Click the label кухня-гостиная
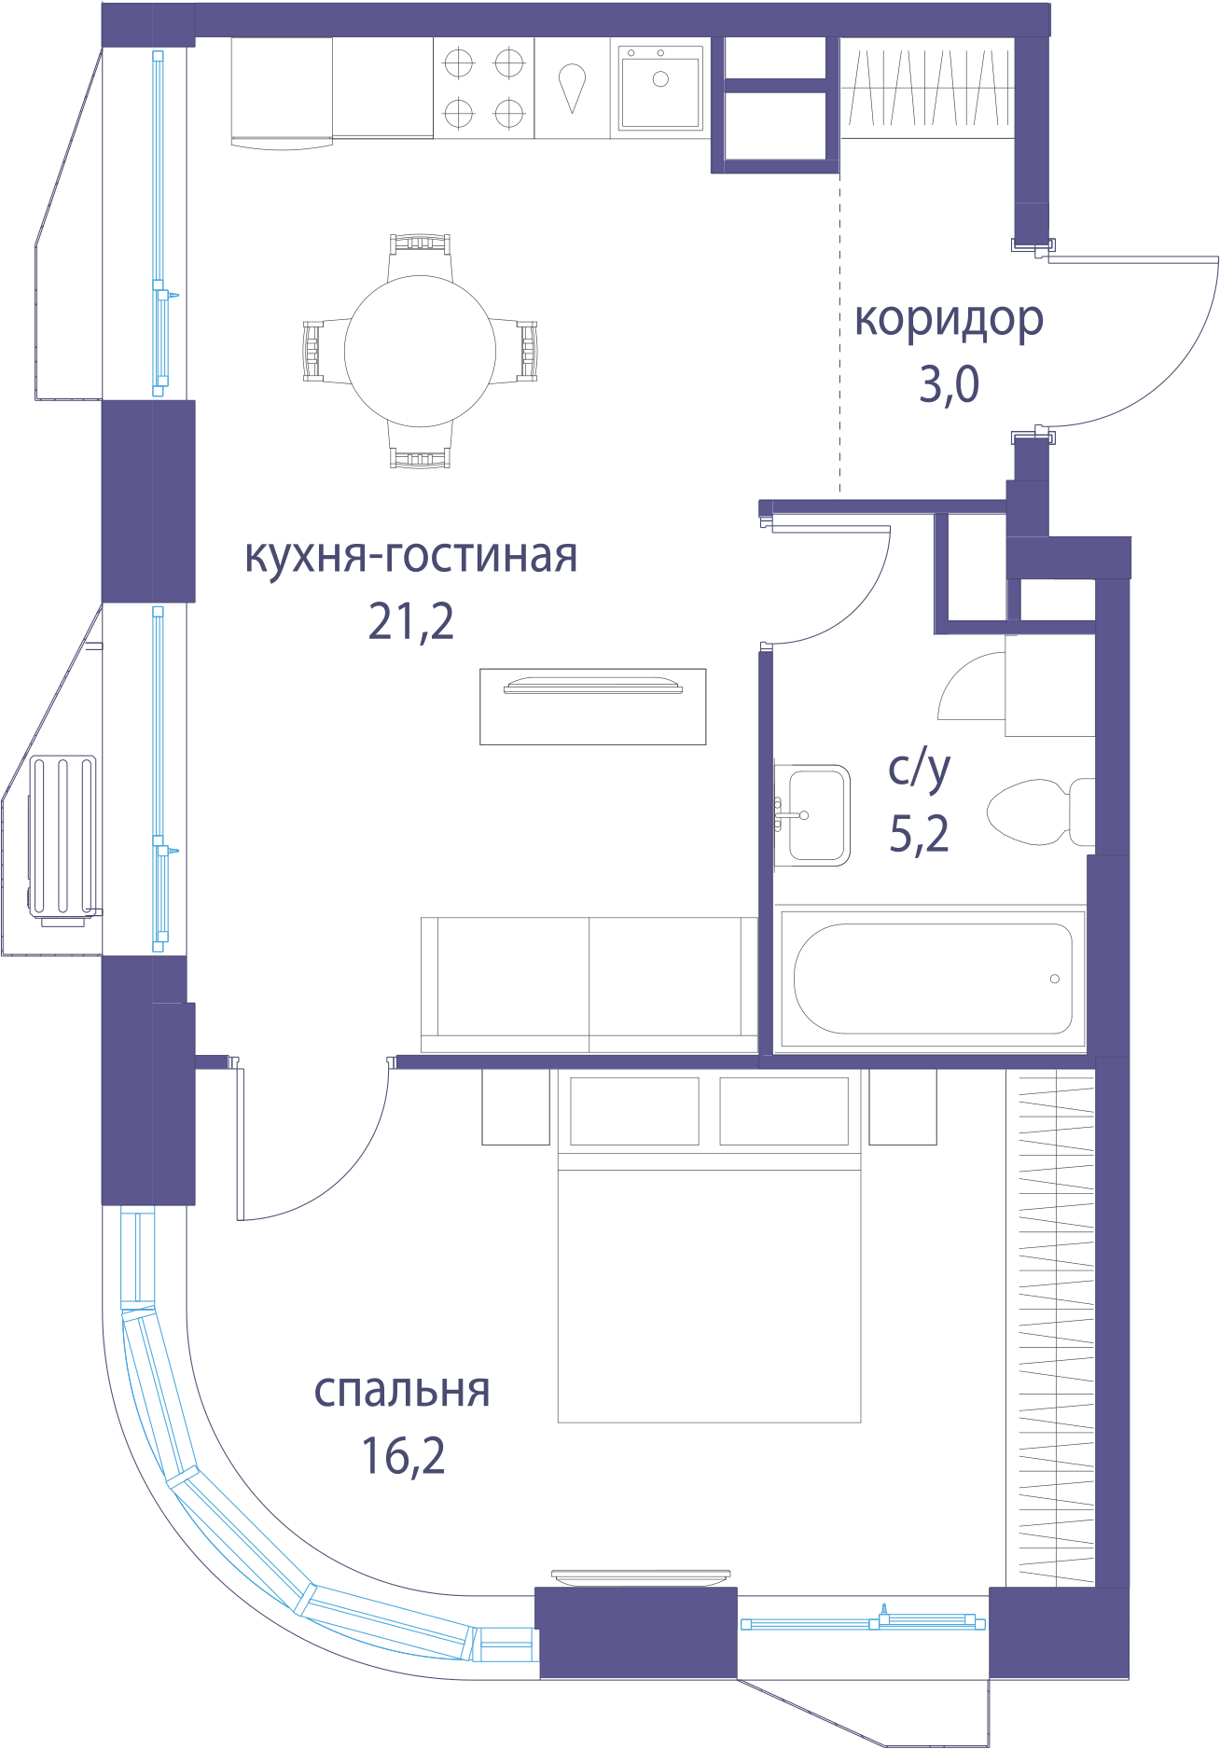[x=411, y=557]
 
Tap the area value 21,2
[x=411, y=621]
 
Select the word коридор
[x=949, y=321]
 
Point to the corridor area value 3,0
[x=949, y=384]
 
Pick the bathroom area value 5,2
[x=920, y=833]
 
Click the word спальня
[x=402, y=1390]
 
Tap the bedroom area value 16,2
[x=403, y=1455]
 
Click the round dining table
[x=421, y=351]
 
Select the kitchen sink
[x=660, y=88]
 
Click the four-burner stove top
[x=484, y=89]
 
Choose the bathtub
[x=933, y=979]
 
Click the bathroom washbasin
[x=812, y=815]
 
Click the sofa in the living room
[x=589, y=985]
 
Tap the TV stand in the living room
[x=593, y=707]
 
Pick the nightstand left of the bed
[x=516, y=1107]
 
